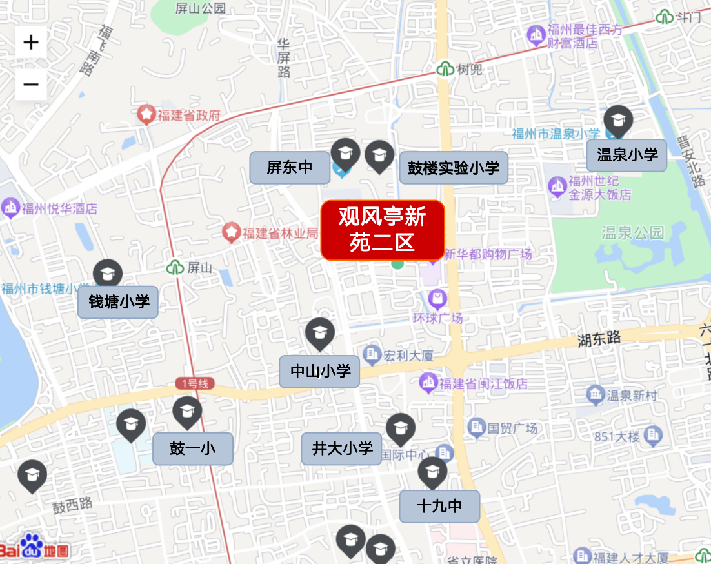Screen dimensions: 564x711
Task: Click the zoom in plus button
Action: click(x=31, y=43)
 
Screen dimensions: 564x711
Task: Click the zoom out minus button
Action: click(x=31, y=85)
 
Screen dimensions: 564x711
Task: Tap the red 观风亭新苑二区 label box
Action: click(x=383, y=230)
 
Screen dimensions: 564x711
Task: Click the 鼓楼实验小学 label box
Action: click(x=454, y=168)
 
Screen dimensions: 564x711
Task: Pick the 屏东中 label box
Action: click(x=290, y=168)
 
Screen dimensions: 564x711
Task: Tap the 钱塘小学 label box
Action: click(x=118, y=302)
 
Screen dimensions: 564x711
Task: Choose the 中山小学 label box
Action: click(x=319, y=371)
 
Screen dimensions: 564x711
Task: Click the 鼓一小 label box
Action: click(x=192, y=448)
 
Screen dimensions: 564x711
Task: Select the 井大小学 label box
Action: click(x=342, y=448)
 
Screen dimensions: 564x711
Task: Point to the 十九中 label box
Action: click(x=439, y=506)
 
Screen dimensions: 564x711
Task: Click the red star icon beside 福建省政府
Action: click(x=146, y=116)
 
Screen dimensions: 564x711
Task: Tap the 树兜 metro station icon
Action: click(x=445, y=69)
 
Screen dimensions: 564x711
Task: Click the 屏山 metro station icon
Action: click(x=175, y=267)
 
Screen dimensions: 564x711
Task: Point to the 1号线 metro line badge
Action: click(x=194, y=383)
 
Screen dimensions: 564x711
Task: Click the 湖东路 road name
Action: click(x=599, y=337)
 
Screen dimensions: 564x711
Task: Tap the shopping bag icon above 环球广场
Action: click(x=437, y=299)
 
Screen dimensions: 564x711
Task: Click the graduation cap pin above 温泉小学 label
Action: click(x=618, y=121)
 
